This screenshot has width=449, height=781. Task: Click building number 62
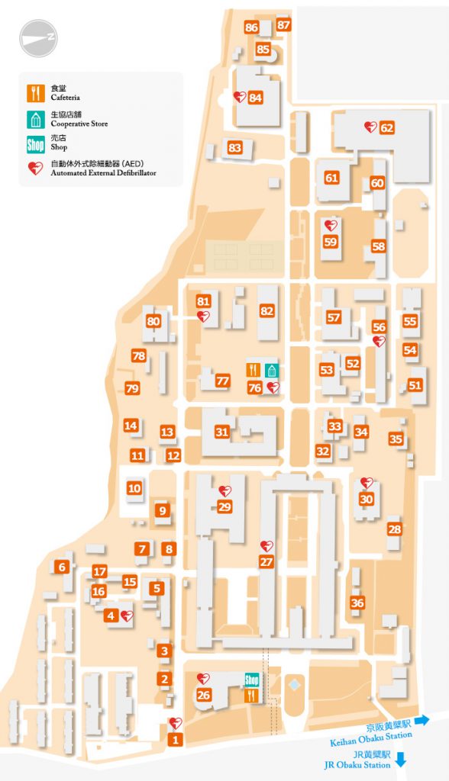(386, 128)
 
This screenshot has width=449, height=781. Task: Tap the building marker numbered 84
(255, 98)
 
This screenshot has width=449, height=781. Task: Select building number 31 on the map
(221, 432)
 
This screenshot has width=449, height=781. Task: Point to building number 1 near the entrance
(176, 738)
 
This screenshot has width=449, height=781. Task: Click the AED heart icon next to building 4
(127, 615)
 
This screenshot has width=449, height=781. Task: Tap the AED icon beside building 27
(266, 545)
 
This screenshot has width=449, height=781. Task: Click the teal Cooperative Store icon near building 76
(272, 370)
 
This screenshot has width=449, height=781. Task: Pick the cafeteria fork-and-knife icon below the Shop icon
(250, 696)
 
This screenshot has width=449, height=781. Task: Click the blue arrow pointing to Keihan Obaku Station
(422, 719)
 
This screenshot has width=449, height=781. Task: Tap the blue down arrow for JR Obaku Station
(401, 760)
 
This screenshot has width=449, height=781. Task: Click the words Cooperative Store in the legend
(79, 124)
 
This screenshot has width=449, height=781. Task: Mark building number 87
(284, 25)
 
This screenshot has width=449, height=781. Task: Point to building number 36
(357, 603)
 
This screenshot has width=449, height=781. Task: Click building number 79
(132, 389)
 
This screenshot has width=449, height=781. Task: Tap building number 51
(415, 386)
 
